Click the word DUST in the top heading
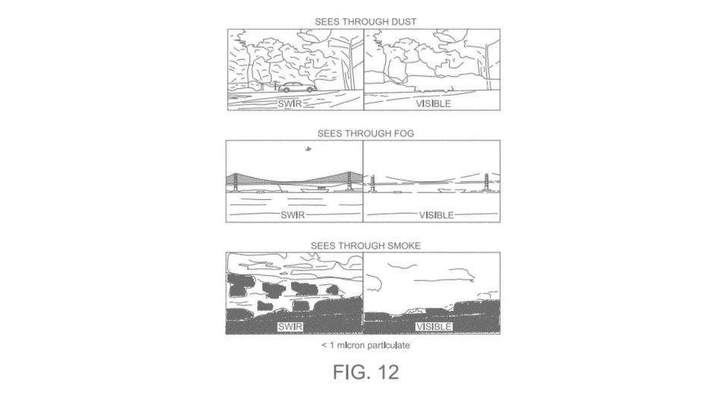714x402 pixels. click(x=403, y=21)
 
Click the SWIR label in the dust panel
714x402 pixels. click(x=289, y=103)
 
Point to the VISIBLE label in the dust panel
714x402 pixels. click(x=433, y=103)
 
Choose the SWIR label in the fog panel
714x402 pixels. click(x=292, y=215)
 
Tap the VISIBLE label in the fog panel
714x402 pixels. click(x=436, y=215)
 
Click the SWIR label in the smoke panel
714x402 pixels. click(x=290, y=326)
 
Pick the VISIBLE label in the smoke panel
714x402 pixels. click(x=434, y=326)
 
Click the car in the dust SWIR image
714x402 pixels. click(x=297, y=87)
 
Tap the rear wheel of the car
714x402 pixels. click(x=310, y=90)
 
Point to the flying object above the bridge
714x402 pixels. click(x=308, y=149)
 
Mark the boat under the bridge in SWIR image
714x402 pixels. click(x=321, y=188)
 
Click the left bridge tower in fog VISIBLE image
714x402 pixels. click(x=372, y=183)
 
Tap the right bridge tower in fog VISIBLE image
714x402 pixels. click(x=486, y=183)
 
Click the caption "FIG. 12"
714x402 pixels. click(x=366, y=372)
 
